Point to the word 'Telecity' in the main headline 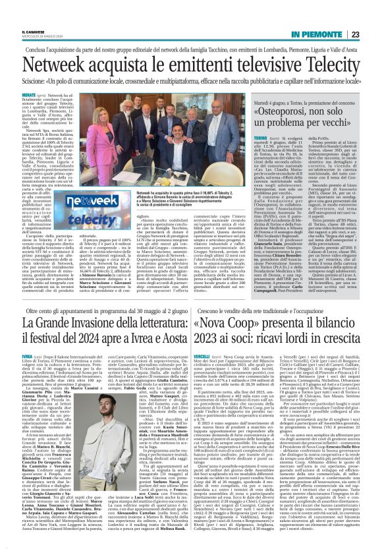point(323,64)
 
